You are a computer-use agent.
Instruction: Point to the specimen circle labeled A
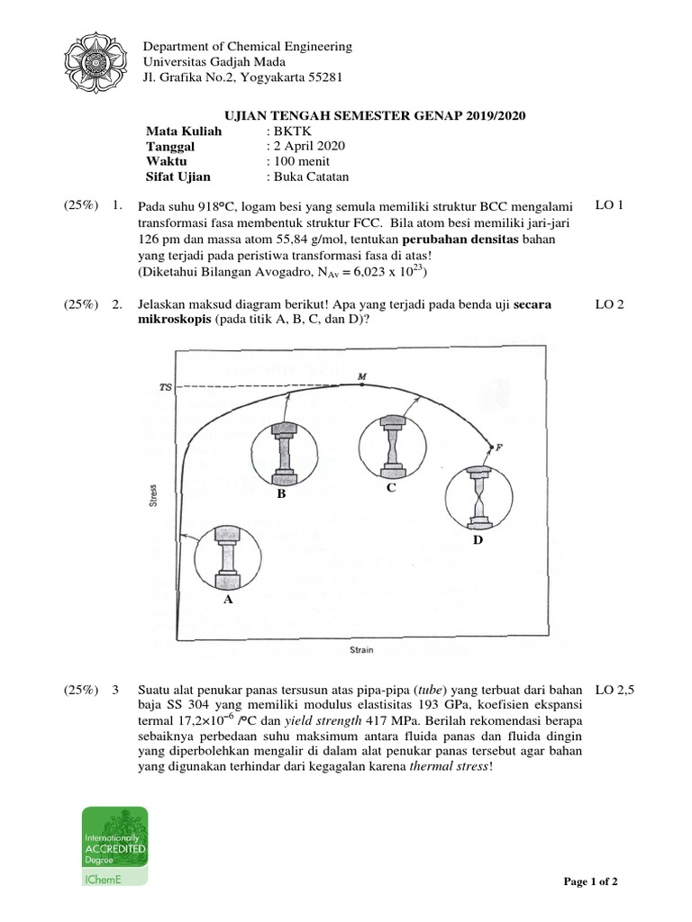(x=227, y=558)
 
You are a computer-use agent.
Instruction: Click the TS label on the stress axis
(x=165, y=387)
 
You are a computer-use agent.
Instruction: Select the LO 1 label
(x=610, y=205)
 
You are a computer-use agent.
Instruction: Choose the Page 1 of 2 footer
(x=590, y=881)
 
